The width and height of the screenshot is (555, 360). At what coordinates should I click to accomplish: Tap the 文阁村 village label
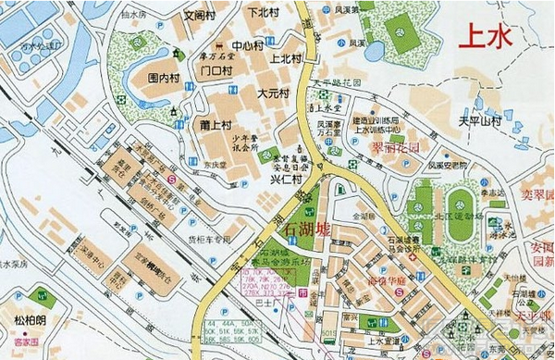coord(199,16)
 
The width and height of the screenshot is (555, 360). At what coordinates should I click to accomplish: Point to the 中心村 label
coord(247,44)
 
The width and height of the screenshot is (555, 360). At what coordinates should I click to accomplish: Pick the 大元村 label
coord(273,93)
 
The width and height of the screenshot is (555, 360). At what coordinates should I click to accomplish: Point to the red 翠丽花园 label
coord(395,147)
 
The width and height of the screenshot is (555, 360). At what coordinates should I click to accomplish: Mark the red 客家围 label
coord(25,341)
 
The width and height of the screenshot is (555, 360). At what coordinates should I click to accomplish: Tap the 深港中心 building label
coord(93,255)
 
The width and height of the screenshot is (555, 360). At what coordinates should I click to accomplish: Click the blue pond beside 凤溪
coord(375,51)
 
